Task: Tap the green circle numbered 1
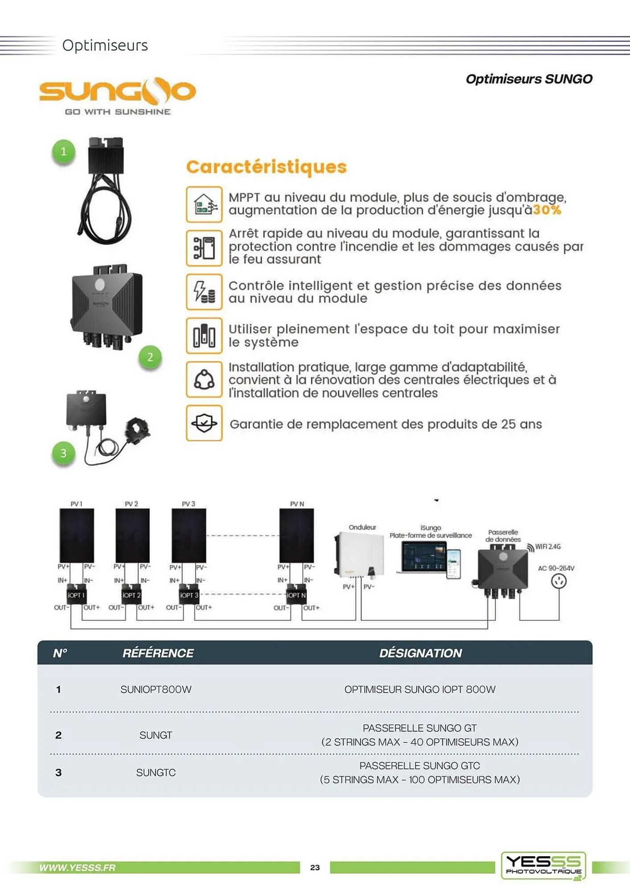(64, 152)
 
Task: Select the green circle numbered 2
(150, 357)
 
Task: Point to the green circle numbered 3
(64, 454)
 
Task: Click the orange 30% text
(547, 210)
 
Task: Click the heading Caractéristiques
(266, 167)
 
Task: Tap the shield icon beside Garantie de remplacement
(204, 423)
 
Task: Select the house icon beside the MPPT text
(204, 204)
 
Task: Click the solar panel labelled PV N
(296, 536)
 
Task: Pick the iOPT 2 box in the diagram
(131, 595)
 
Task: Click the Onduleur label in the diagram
(362, 527)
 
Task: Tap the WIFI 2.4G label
(548, 547)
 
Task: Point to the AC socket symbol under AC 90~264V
(559, 581)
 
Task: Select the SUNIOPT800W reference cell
(156, 690)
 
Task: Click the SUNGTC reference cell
(156, 772)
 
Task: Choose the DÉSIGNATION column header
(420, 653)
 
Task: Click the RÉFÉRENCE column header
(158, 653)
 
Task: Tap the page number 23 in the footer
(315, 867)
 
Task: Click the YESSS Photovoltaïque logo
(544, 865)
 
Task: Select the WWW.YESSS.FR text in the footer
(77, 867)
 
